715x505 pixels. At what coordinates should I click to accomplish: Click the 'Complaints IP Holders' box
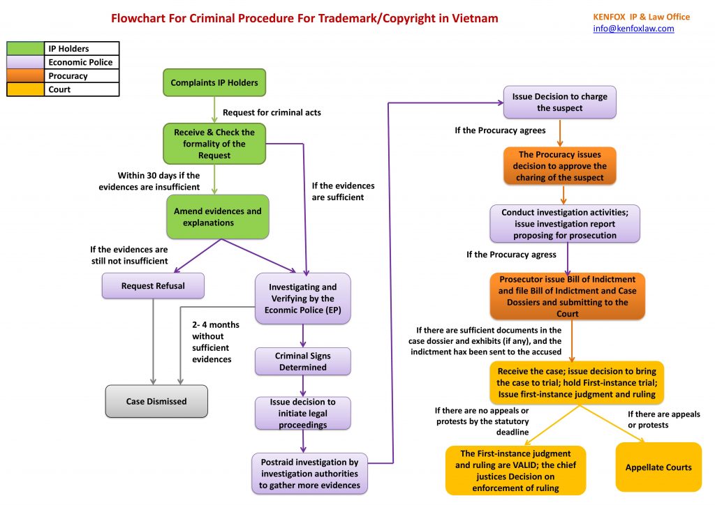(x=214, y=82)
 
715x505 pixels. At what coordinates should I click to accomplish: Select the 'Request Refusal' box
(x=153, y=285)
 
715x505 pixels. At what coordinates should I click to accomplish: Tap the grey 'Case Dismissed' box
(x=156, y=401)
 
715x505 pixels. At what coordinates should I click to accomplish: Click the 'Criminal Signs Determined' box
(x=302, y=361)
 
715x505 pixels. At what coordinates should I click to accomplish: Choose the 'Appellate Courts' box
(x=658, y=467)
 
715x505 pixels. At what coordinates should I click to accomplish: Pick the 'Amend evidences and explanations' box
(x=217, y=217)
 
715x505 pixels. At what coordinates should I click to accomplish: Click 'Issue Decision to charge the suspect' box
(x=559, y=102)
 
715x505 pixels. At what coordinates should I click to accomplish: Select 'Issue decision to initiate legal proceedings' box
(x=302, y=413)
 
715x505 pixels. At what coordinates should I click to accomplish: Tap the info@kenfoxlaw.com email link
(x=633, y=29)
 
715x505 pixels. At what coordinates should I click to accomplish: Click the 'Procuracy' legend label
(x=68, y=76)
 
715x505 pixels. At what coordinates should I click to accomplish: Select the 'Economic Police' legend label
(x=80, y=62)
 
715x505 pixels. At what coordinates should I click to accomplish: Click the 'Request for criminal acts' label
(x=272, y=112)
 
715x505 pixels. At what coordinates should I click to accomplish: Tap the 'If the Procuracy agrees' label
(x=500, y=130)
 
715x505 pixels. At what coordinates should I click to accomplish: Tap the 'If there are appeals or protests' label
(x=663, y=419)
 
